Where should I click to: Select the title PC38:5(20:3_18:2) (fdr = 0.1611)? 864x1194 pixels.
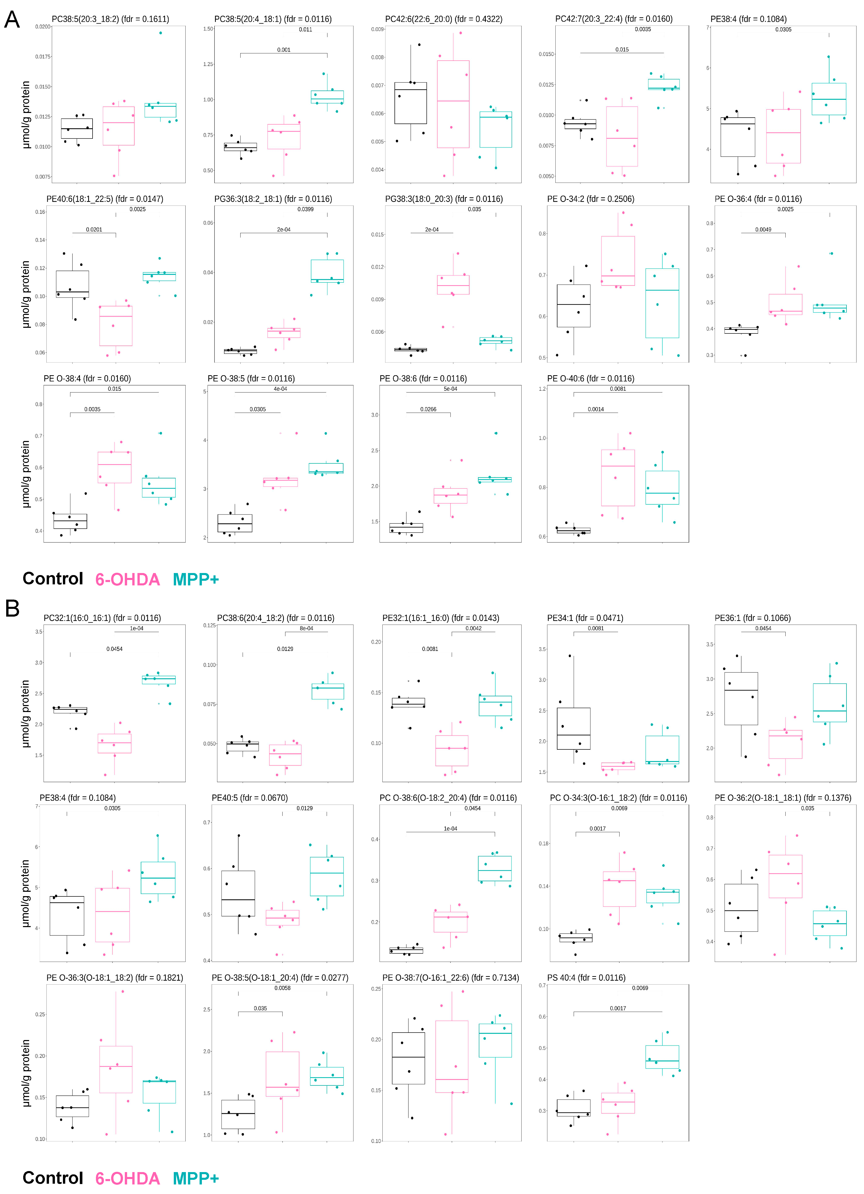pyautogui.click(x=110, y=19)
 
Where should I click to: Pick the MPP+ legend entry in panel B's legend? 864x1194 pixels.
pyautogui.click(x=195, y=1178)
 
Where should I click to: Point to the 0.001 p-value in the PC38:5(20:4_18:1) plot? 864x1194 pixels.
pyautogui.click(x=284, y=50)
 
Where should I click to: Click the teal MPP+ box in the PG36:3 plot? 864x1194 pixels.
pyautogui.click(x=327, y=271)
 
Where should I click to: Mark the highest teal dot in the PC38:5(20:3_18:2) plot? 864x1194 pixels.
pyautogui.click(x=161, y=33)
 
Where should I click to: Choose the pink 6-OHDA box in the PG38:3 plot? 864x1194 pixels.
pyautogui.click(x=453, y=285)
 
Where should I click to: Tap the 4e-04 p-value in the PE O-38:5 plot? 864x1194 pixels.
pyautogui.click(x=280, y=389)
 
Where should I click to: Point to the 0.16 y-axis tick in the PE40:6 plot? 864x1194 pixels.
pyautogui.click(x=40, y=212)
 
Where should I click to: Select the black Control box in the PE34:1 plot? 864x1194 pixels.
pyautogui.click(x=573, y=729)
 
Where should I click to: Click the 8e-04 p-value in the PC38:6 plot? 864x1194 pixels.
pyautogui.click(x=306, y=628)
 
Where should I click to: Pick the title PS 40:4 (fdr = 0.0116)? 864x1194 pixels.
pyautogui.click(x=586, y=978)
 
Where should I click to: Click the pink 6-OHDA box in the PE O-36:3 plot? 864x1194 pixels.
pyautogui.click(x=116, y=1069)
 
